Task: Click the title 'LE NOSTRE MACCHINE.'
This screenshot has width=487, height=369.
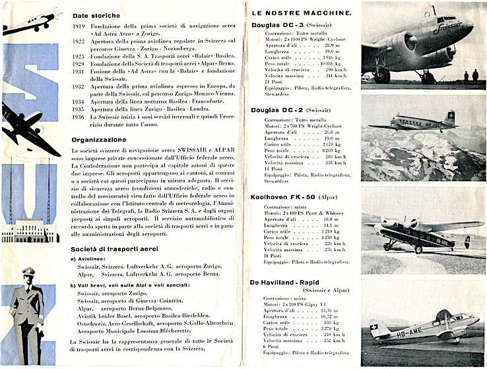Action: pos(298,13)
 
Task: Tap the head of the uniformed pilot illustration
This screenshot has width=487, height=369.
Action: pos(28,275)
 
